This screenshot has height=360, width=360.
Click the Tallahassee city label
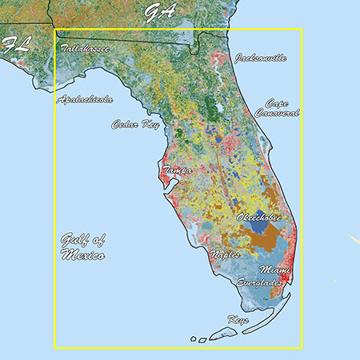85,49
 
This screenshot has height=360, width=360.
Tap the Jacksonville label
260,58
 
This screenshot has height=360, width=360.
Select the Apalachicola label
85,100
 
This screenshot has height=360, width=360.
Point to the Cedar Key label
135,125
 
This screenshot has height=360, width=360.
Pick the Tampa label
178,171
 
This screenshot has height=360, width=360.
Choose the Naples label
225,254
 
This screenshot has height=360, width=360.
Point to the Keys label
238,319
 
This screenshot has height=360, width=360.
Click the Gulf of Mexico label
82,247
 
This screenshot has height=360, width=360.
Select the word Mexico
82,256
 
